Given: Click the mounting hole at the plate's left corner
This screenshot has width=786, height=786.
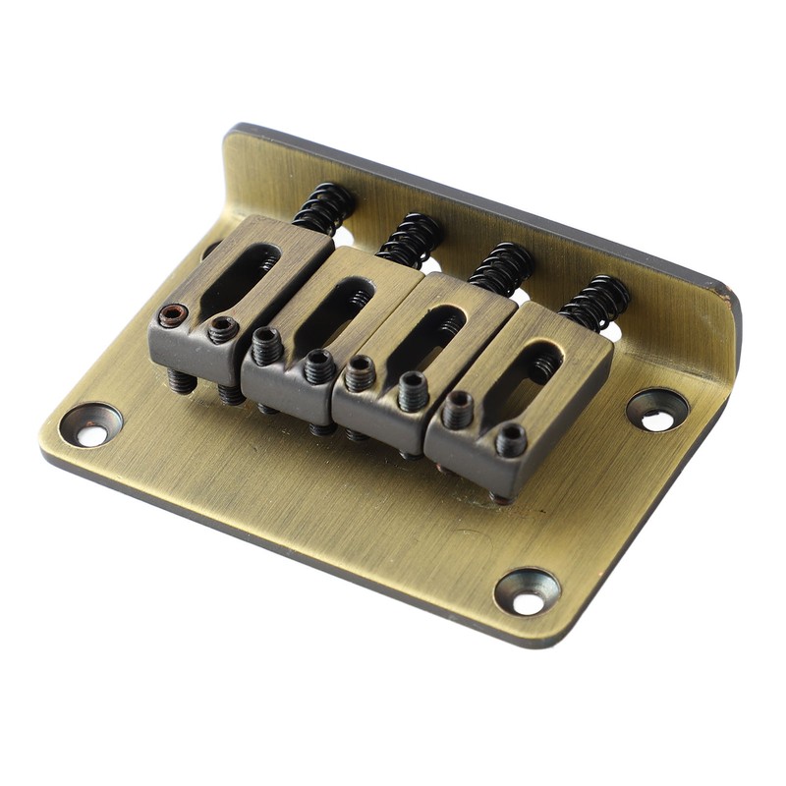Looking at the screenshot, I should pos(90,425).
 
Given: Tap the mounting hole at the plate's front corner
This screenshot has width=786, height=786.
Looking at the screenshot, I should pos(528,590).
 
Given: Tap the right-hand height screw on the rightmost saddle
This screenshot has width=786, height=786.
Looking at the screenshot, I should pos(511,440).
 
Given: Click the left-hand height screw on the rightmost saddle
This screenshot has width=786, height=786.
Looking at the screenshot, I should pos(457,408).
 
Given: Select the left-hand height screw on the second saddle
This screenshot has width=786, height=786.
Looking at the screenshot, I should pos(266,345).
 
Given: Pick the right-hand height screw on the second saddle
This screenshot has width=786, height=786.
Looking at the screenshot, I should pos(318,366).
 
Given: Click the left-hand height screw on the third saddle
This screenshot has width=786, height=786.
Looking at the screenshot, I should pos(360,373).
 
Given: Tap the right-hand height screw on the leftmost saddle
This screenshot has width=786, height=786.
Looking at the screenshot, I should pos(223,330).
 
